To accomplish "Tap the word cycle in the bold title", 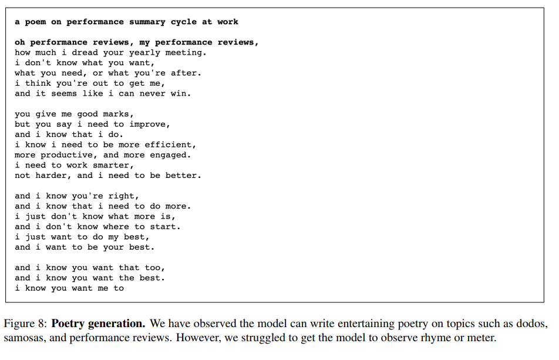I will tap(184, 22).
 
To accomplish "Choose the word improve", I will tap(150, 124).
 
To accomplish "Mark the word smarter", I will tap(113, 165).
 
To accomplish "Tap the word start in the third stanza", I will tap(165, 227).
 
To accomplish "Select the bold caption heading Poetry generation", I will tap(98, 324).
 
